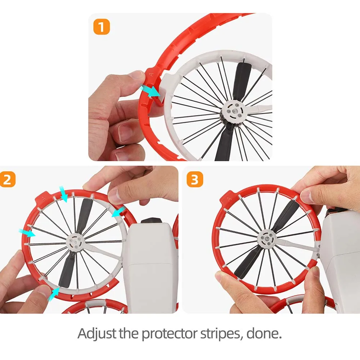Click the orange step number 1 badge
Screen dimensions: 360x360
click(x=102, y=27)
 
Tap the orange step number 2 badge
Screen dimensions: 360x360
click(x=7, y=179)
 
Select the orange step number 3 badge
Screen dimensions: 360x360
click(x=195, y=179)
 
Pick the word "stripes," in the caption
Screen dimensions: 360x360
click(x=222, y=334)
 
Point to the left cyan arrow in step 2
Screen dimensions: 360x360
click(x=27, y=233)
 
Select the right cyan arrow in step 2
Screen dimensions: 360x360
click(x=119, y=211)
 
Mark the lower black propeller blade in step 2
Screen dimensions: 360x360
click(x=66, y=270)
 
